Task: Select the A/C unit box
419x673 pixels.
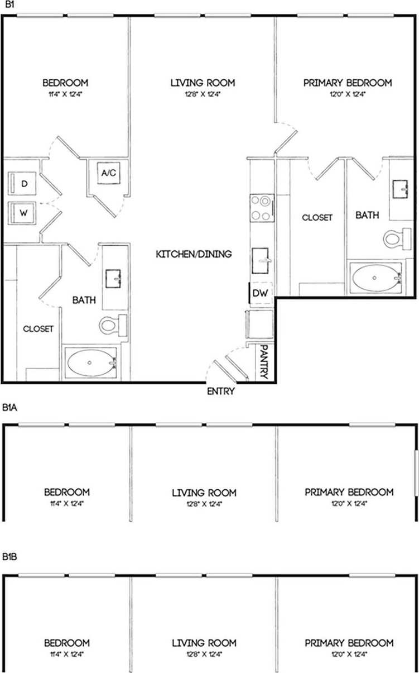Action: pos(108,173)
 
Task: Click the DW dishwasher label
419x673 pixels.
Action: pos(259,293)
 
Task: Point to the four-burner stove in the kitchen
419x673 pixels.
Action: pos(261,207)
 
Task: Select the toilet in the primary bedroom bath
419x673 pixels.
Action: pos(394,239)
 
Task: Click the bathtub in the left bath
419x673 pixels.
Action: pos(90,364)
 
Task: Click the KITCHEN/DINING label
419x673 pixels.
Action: pos(193,254)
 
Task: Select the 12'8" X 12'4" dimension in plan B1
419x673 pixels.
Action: pos(203,94)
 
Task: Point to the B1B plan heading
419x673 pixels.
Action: pos(10,557)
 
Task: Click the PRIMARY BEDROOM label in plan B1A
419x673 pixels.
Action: pos(349,492)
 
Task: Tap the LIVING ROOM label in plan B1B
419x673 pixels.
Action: pos(204,643)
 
